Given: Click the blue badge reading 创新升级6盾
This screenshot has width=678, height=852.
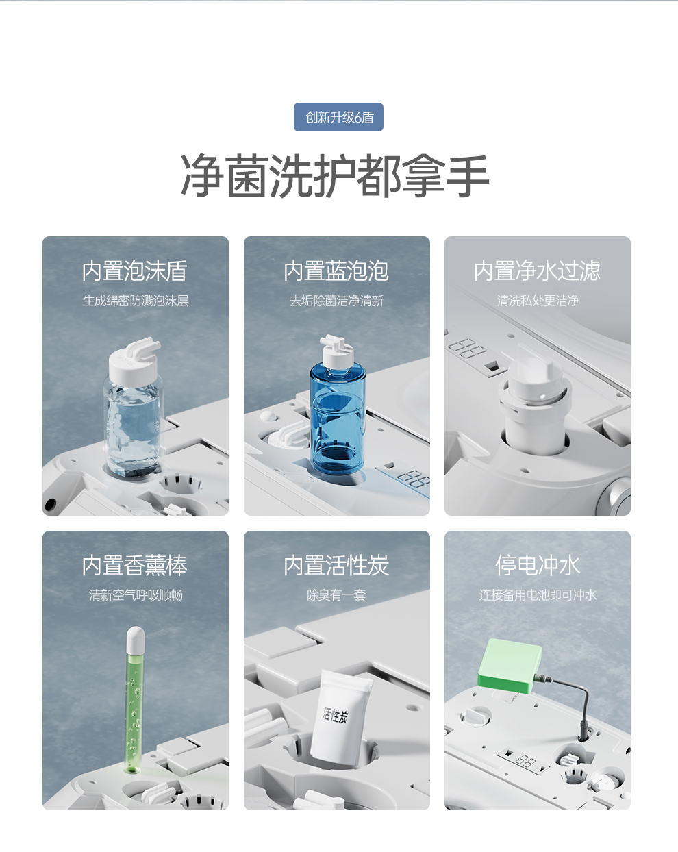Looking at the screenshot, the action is click(338, 117).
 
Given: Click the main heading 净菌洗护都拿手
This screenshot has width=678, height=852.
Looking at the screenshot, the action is click(336, 176).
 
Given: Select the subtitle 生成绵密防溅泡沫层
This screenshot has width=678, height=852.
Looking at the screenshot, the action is click(136, 301).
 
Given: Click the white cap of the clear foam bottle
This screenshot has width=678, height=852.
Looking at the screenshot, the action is click(134, 361).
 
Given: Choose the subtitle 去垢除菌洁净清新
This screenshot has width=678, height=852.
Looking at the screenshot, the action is click(337, 301).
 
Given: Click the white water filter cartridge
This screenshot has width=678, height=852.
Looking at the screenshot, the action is click(536, 400).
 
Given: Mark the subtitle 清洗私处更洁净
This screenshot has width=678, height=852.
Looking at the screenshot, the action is click(538, 301).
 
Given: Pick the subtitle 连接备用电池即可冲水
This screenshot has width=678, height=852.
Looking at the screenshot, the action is click(538, 595).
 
